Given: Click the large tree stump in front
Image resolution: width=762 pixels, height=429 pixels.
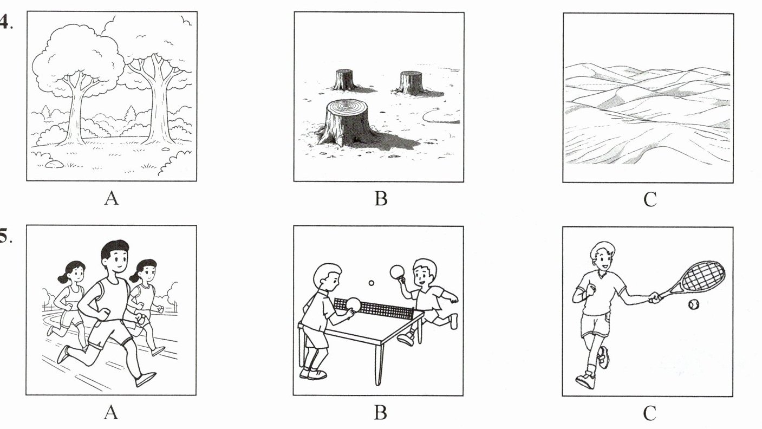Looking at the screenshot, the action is (347, 122).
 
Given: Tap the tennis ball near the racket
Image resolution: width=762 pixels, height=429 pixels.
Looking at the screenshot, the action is (693, 304).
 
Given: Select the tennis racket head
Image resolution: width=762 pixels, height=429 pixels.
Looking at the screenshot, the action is (704, 276).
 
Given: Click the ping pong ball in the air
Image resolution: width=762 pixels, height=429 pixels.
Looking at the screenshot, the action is (372, 283).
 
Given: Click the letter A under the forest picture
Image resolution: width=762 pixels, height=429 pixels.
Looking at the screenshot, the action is (112, 198).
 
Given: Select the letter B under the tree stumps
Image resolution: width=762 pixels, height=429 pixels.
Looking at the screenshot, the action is (381, 199).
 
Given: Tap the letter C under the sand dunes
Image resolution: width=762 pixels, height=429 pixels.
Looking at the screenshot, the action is (650, 199).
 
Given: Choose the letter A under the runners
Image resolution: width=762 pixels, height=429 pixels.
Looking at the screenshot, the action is (111, 413).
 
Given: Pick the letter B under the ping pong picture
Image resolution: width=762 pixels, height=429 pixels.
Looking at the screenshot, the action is (380, 413).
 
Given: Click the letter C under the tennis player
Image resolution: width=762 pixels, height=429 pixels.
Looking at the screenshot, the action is (649, 414).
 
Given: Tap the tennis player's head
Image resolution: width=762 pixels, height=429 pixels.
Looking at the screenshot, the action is (602, 256).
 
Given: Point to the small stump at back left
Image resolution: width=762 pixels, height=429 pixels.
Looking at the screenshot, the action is (344, 80).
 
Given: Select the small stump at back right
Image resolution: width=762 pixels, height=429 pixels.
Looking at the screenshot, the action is (411, 82).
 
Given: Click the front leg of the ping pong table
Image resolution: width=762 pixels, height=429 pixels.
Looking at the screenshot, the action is (379, 364).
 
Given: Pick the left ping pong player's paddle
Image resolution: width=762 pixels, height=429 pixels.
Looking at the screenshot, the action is (353, 305).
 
